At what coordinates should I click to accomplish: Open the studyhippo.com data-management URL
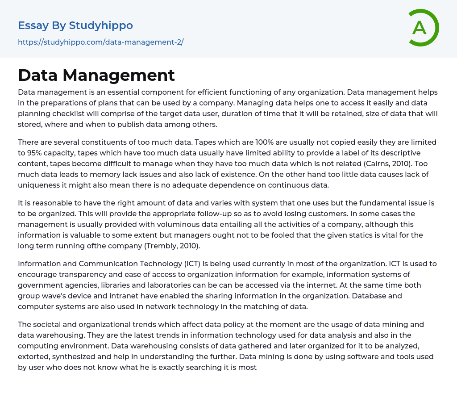(100, 42)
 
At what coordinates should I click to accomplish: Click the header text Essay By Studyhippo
(75, 25)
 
